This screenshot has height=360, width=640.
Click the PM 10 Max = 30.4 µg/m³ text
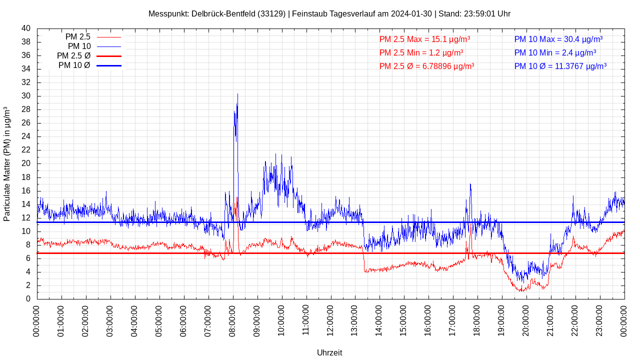558,39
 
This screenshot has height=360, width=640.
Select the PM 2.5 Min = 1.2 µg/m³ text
421,52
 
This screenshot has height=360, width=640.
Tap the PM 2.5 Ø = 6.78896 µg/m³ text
426,66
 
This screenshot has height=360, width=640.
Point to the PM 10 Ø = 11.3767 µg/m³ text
560,66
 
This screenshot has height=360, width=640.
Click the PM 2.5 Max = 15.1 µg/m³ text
424,39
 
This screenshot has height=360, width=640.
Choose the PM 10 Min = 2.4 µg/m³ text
555,52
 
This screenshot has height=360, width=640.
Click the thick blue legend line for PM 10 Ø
108,65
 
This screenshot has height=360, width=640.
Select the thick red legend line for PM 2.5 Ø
108,56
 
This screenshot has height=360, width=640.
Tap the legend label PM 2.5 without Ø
78,37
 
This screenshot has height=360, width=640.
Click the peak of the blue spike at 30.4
237,94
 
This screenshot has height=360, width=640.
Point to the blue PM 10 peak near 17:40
470,184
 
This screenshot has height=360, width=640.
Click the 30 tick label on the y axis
26,96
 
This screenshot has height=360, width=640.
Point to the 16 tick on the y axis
26,191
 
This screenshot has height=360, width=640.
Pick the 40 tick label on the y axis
26,28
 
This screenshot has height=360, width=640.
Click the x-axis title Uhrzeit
329,352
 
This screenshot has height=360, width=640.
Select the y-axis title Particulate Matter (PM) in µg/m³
7,163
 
